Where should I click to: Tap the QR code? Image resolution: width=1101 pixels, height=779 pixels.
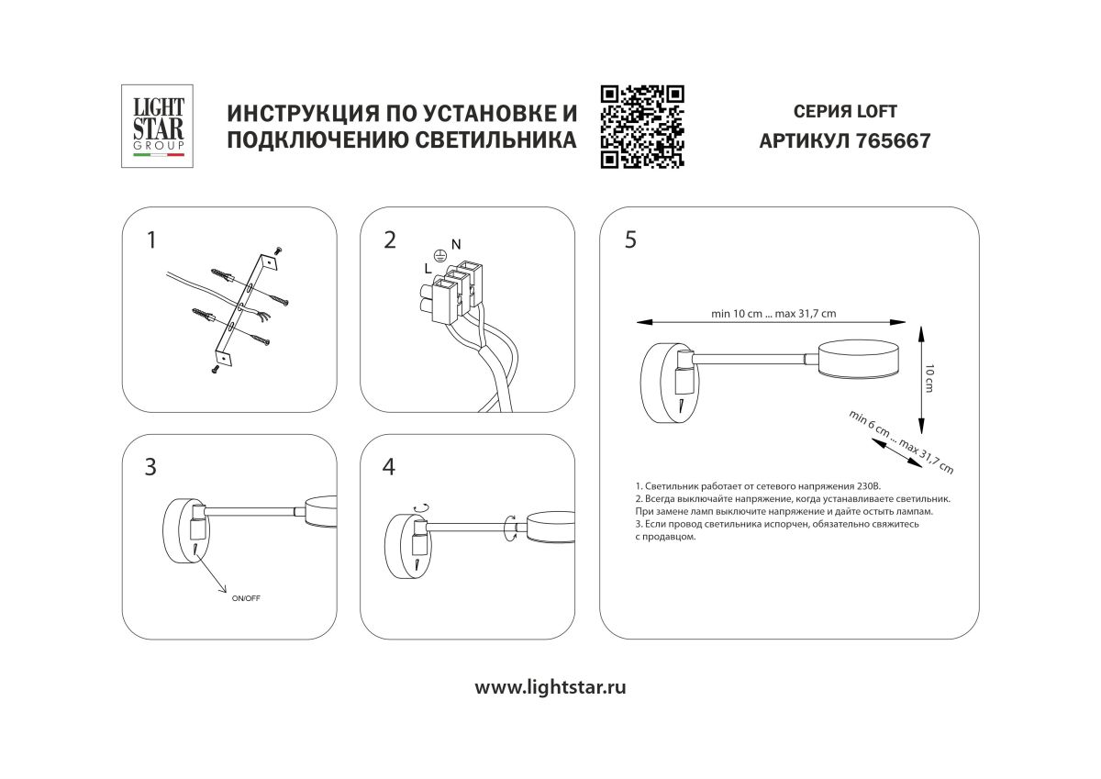pos(642,127)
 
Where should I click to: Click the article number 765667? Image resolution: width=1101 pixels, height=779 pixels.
pos(893,142)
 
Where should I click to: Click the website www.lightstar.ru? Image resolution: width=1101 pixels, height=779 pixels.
pos(550,687)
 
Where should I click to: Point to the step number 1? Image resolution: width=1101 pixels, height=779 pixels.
pos(151,240)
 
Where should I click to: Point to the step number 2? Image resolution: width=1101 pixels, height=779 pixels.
pos(390,240)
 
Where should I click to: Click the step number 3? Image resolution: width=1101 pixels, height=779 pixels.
pos(150,467)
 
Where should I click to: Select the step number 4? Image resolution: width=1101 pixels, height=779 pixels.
pos(389,467)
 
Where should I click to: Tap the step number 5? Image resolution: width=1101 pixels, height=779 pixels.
pos(629,240)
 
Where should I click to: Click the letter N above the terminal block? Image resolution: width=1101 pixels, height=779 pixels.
pos(456,243)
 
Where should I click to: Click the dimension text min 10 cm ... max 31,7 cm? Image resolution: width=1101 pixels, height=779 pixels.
pos(773,313)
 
